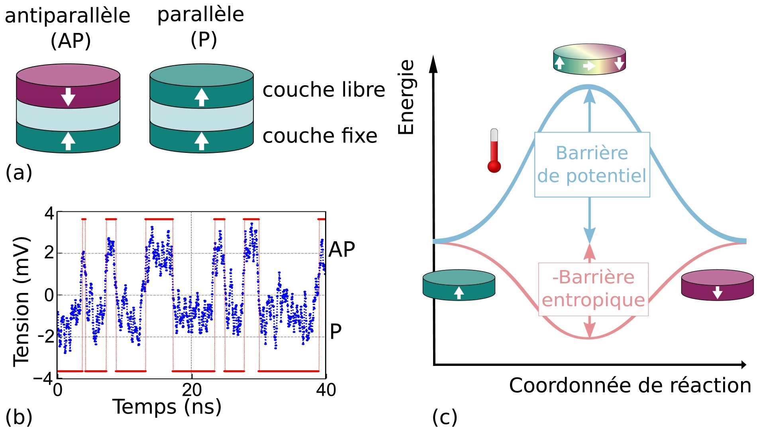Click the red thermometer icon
pos(494,151)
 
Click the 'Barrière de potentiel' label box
pos(592,164)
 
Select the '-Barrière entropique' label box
pos(593,289)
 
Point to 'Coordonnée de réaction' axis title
pos(630,385)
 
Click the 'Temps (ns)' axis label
pos(167,407)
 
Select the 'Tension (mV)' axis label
pos(21,301)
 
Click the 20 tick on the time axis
pos(192,390)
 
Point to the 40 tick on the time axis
pos(326,390)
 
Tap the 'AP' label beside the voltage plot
pos(341,250)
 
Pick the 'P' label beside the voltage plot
pos(335,331)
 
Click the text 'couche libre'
pos(324,90)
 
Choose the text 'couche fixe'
pos(320,136)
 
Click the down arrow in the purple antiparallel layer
pos(68,97)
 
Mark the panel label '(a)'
pos(19,173)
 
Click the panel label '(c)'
pos(445,417)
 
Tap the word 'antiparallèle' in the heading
pos(67,16)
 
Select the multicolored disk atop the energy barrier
pos(589,59)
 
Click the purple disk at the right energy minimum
pos(717,285)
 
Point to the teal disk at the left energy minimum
pos(459,285)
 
